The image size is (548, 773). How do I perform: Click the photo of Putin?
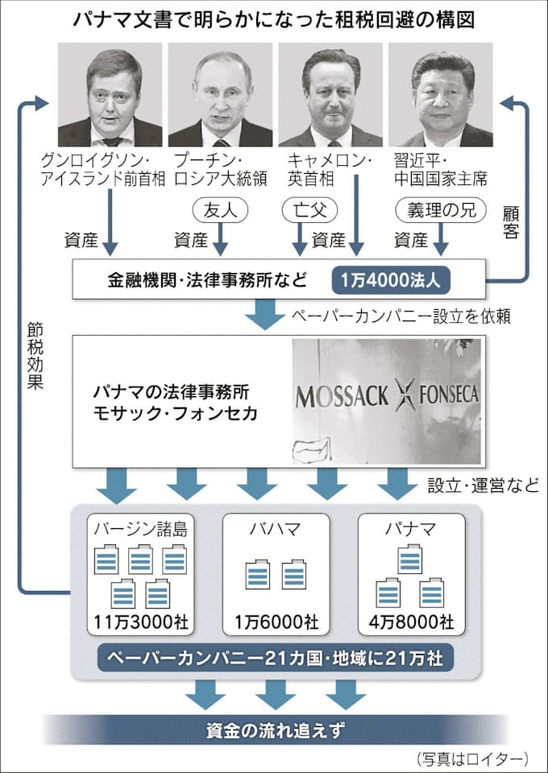(x=220, y=94)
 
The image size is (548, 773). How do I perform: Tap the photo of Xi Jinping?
(x=441, y=94)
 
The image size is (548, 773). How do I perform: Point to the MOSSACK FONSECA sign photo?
(x=386, y=400)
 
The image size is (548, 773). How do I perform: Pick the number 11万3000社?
(x=140, y=622)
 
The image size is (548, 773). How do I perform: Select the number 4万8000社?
(x=409, y=622)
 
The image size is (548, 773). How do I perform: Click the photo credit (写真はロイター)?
(x=473, y=758)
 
